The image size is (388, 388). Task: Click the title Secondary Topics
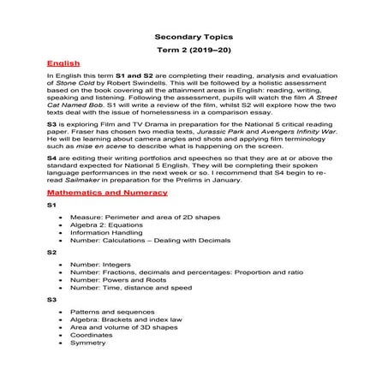point(193,38)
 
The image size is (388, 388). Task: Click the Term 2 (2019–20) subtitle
point(193,51)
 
